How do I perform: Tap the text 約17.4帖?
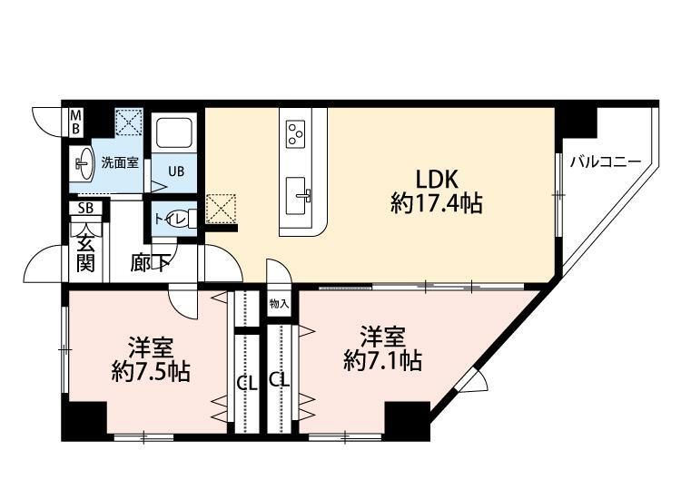[436, 205]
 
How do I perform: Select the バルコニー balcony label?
[606, 162]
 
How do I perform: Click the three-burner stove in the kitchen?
[296, 134]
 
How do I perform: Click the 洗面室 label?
[119, 164]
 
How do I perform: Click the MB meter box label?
[77, 122]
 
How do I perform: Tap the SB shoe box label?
[84, 208]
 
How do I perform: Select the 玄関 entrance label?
[84, 251]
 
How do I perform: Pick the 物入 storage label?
[279, 304]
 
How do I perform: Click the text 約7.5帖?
[151, 372]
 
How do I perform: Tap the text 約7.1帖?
[382, 361]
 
